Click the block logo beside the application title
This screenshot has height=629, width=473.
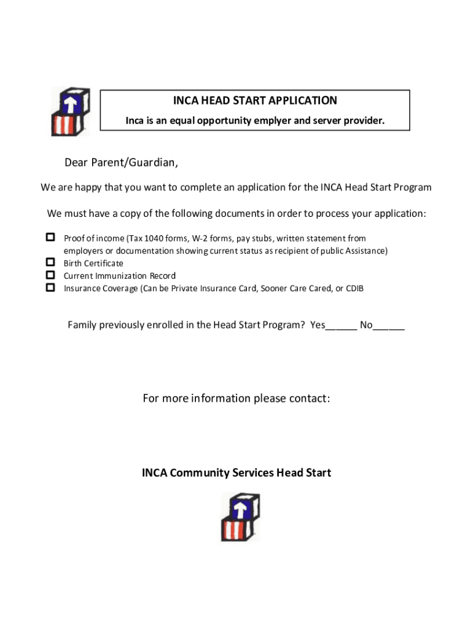point(71,111)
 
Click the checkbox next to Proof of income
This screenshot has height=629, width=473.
point(50,238)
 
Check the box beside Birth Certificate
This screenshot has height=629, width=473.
point(50,263)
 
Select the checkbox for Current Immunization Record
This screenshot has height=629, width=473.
point(50,275)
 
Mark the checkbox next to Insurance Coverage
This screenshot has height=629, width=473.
point(50,287)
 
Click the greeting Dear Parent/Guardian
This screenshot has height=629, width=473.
point(122,163)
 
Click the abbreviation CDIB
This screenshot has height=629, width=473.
point(354,288)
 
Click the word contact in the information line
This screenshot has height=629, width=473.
point(310,399)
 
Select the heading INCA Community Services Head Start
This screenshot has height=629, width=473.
point(237,473)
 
